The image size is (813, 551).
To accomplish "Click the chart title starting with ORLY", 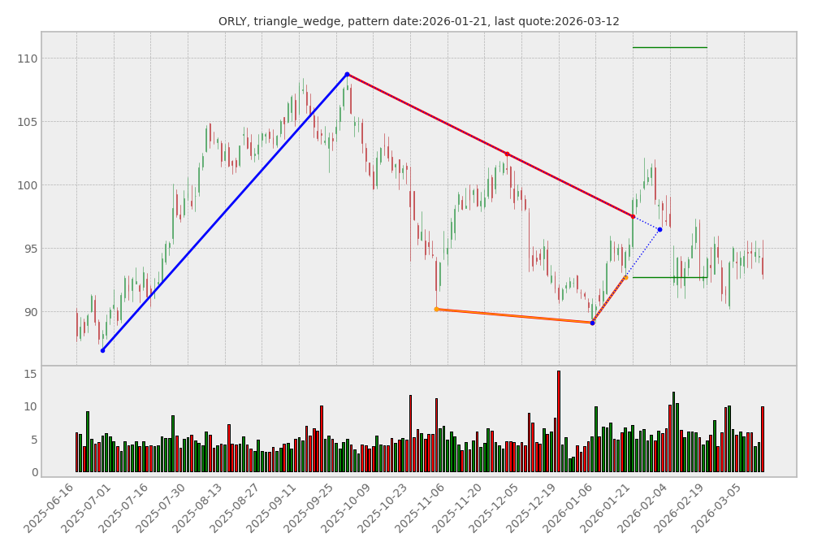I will (418, 21).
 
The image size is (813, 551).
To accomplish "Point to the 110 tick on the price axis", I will (27, 59).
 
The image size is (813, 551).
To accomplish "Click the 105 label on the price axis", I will (27, 122).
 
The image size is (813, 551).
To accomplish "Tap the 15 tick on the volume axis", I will (30, 374).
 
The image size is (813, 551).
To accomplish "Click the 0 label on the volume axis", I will (33, 472).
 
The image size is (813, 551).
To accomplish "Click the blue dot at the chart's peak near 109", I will (347, 74).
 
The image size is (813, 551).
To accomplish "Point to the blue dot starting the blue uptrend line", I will (102, 350).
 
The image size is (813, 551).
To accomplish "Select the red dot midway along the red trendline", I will (507, 154).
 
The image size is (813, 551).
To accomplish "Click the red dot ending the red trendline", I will (633, 216).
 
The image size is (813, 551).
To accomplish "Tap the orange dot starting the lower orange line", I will (436, 309).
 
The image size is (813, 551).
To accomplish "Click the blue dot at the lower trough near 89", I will (592, 323).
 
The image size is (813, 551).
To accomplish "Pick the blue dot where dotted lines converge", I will (659, 229).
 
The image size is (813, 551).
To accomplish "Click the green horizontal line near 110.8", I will (669, 47).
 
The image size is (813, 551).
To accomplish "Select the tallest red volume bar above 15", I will (558, 421).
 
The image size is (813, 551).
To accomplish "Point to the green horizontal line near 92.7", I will (669, 277).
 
